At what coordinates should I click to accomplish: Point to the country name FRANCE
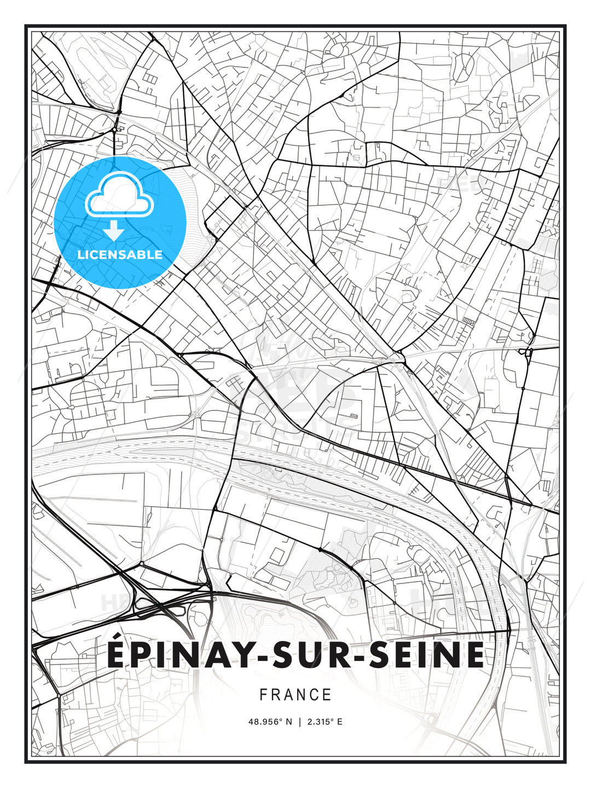[296, 695]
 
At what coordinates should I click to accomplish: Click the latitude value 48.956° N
[269, 722]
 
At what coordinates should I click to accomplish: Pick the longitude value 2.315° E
[325, 722]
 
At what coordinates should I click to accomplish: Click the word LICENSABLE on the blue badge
[120, 254]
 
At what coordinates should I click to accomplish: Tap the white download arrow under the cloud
[114, 231]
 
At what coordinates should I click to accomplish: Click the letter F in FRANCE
[263, 695]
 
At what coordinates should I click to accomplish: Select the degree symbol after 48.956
[281, 720]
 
